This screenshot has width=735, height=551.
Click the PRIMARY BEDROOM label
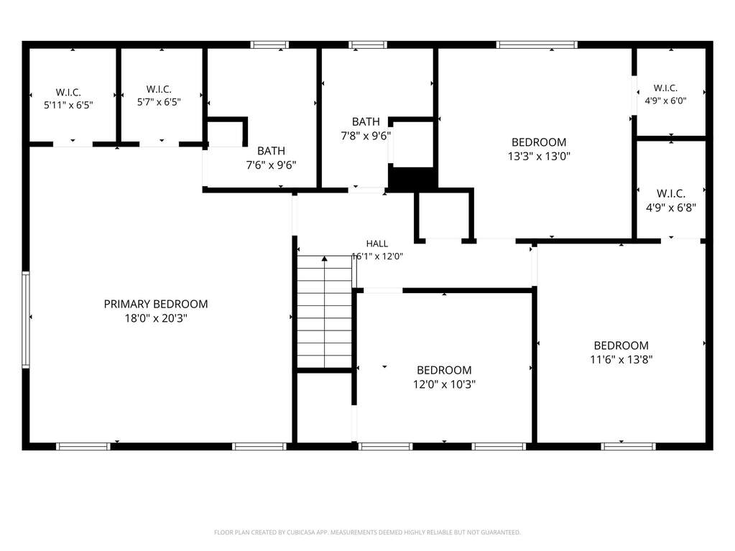click(x=156, y=304)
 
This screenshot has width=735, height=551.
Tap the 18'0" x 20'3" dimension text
click(x=156, y=318)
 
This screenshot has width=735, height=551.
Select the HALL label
click(x=377, y=244)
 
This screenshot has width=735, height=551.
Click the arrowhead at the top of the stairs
click(x=324, y=259)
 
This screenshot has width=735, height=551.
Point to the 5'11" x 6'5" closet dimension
click(x=68, y=105)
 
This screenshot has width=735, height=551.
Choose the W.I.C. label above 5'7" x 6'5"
click(x=159, y=89)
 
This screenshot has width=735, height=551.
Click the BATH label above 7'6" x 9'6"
click(x=271, y=151)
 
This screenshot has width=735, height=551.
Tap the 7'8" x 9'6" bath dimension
click(x=366, y=136)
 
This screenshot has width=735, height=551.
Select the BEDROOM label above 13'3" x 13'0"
click(x=539, y=142)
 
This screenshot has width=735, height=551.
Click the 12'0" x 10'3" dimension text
click(x=444, y=384)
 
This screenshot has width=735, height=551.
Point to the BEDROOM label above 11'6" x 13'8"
click(x=621, y=346)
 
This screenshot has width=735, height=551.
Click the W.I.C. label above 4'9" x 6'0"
click(x=665, y=88)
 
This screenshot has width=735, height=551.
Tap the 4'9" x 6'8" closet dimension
click(x=671, y=208)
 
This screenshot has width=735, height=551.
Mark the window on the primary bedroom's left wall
click(x=26, y=320)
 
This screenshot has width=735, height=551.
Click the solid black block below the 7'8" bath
click(x=413, y=178)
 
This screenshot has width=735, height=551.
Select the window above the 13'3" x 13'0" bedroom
click(x=537, y=45)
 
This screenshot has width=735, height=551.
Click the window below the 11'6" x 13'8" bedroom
click(x=628, y=446)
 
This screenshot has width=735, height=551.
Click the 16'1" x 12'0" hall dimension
click(x=377, y=256)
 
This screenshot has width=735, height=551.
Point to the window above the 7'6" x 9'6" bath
click(x=269, y=45)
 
